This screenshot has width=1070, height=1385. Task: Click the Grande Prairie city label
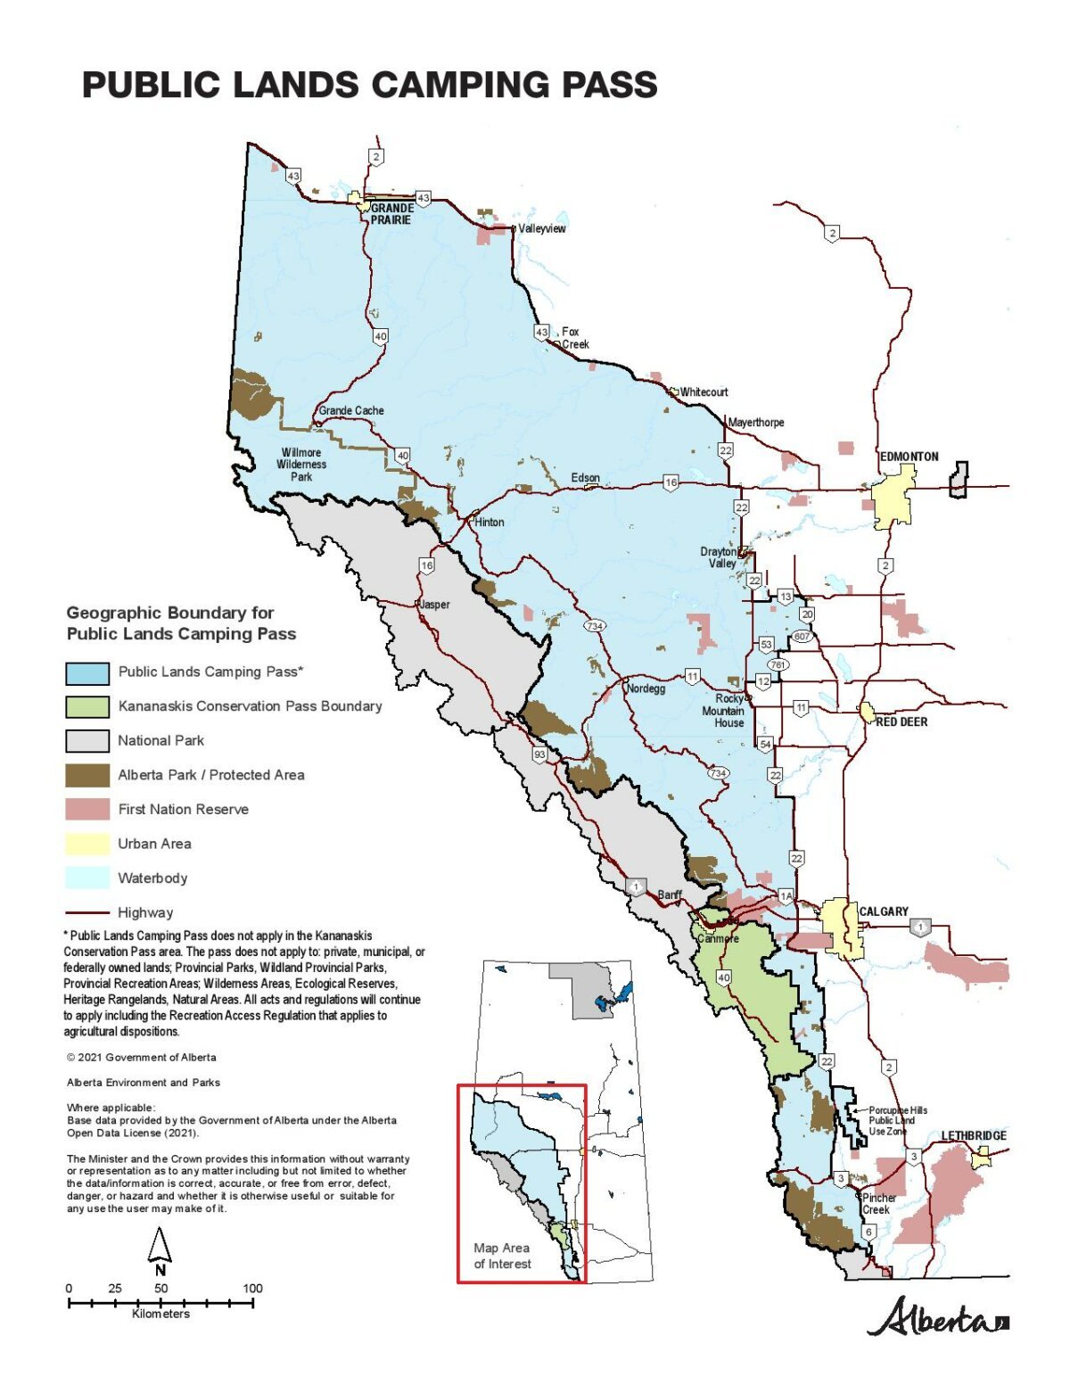(x=391, y=214)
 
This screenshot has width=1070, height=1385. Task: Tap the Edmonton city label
(x=909, y=457)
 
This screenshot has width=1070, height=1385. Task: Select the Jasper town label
(x=434, y=605)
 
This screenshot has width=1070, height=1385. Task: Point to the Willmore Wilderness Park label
(x=301, y=465)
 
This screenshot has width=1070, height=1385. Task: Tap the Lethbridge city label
(x=974, y=1135)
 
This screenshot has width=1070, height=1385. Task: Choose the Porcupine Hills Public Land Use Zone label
(x=897, y=1121)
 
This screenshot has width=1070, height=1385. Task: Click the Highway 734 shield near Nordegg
(x=595, y=626)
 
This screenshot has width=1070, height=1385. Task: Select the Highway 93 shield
(x=539, y=754)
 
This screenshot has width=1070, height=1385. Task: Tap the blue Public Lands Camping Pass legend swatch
(x=87, y=672)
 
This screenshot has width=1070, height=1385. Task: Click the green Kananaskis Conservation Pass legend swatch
(x=87, y=706)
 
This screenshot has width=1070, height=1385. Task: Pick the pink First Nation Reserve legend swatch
(x=87, y=810)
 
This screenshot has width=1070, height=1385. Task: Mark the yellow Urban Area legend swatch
(x=87, y=844)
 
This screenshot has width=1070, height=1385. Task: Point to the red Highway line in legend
(x=87, y=913)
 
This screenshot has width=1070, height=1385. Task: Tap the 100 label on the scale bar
(x=252, y=1288)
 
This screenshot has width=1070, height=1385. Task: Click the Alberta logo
(x=936, y=1318)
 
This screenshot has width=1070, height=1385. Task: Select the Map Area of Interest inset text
(x=502, y=1256)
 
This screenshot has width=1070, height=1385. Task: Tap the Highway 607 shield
(x=802, y=636)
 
